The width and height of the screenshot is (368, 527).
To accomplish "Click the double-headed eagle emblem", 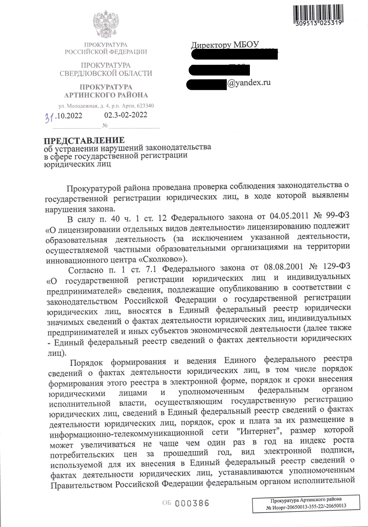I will click(x=106, y=24).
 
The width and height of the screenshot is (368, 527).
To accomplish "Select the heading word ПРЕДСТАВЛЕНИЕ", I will click(x=84, y=140).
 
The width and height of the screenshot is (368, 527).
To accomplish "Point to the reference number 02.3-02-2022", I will click(x=126, y=115).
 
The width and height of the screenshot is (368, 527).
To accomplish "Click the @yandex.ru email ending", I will click(x=249, y=83).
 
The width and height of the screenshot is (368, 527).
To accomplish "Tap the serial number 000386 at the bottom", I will click(x=192, y=503).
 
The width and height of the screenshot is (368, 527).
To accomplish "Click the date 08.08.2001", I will click(x=283, y=267).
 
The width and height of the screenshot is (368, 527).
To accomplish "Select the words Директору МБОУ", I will click(x=225, y=45).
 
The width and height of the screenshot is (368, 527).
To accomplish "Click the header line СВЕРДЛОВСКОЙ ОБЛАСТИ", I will click(x=106, y=73).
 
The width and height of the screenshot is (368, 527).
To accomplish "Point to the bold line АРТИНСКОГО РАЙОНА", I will click(x=106, y=95).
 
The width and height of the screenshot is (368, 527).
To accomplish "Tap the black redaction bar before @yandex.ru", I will click(x=206, y=84).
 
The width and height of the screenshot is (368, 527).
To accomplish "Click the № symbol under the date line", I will click(x=105, y=125).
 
